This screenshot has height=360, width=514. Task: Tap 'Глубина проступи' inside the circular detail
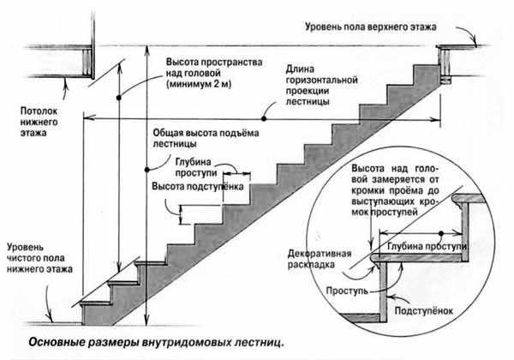(426, 247)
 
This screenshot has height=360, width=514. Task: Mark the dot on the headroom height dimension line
(123, 91)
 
